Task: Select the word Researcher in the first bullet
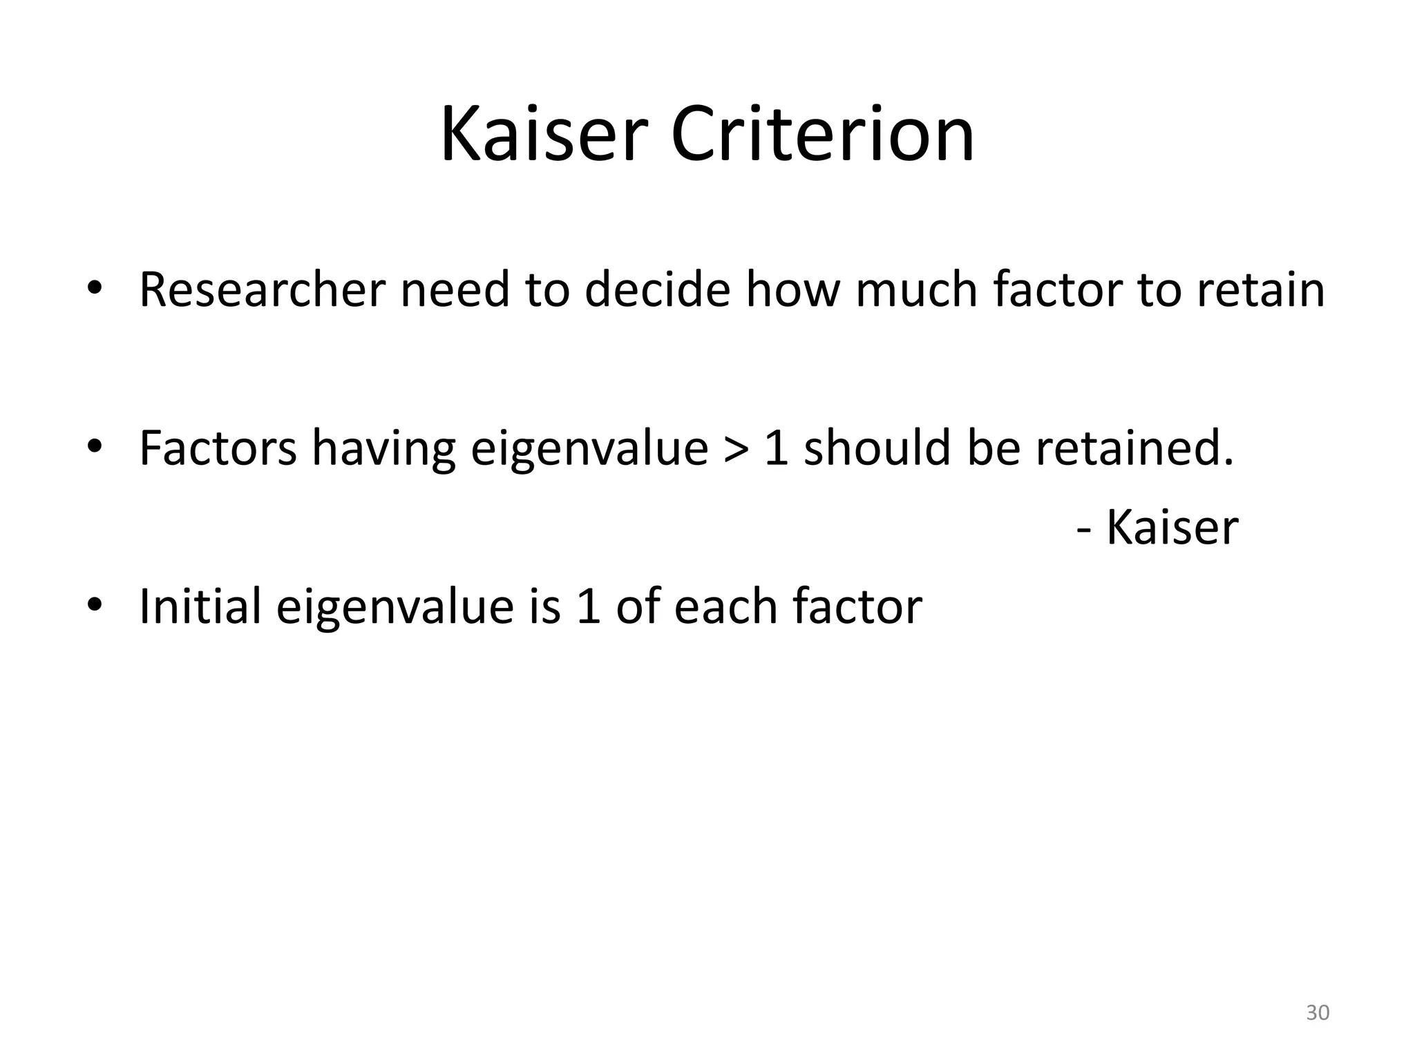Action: coord(262,289)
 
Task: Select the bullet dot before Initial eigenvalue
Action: coord(94,605)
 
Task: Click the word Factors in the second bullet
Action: coord(218,448)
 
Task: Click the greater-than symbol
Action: coord(737,448)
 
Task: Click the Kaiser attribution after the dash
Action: coord(1172,528)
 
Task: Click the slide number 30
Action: coord(1318,1013)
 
